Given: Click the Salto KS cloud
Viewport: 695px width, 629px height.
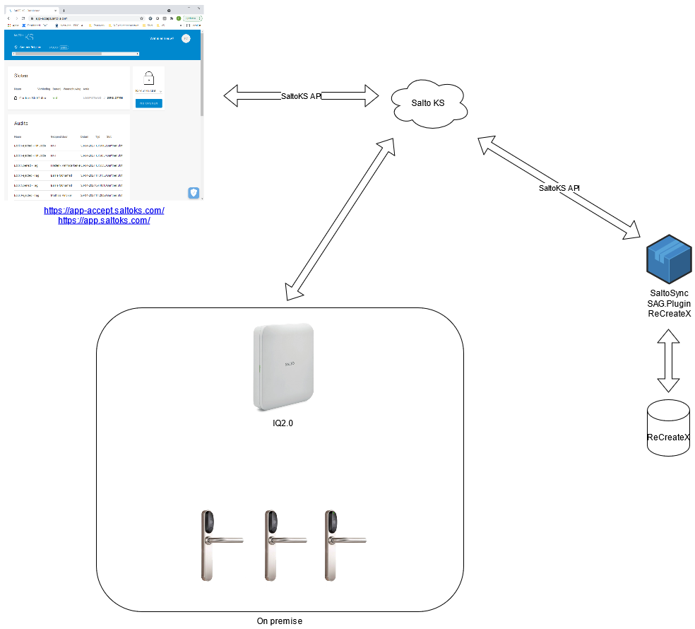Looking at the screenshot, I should tap(429, 105).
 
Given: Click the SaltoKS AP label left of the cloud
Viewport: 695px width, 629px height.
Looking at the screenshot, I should tap(301, 96).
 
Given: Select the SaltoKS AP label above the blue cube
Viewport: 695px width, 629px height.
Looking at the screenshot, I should tap(559, 188).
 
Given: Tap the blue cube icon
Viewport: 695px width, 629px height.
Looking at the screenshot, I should tap(669, 259).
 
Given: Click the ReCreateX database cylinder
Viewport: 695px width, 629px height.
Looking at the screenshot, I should tap(668, 428).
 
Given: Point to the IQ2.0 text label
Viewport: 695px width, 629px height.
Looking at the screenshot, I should tap(283, 423).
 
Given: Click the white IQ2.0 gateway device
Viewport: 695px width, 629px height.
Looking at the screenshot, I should tap(283, 366).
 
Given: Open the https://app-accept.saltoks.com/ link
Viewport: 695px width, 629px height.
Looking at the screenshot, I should tap(105, 211).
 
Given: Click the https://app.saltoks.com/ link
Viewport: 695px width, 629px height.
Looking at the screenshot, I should tap(105, 221).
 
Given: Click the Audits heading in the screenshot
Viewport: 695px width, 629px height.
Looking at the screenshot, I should tap(21, 123).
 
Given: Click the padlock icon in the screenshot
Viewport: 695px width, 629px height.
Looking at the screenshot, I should tap(149, 78).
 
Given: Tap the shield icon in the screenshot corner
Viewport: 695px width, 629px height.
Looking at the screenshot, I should tap(194, 192).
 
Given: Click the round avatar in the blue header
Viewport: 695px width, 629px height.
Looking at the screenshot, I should tap(186, 39).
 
